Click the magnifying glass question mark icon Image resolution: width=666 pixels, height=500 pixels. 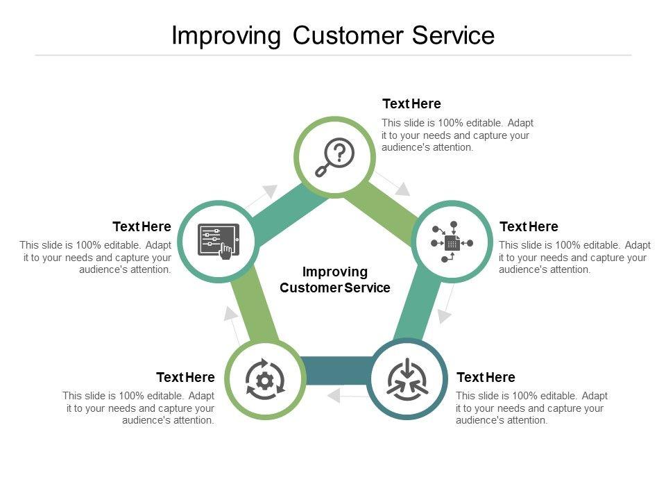click(x=334, y=157)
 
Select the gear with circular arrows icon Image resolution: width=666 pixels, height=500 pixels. click(x=264, y=380)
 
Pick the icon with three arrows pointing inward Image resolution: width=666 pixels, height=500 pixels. click(x=408, y=379)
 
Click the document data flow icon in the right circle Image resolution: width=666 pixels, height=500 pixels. click(x=452, y=242)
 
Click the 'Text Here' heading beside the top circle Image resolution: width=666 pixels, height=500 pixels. click(x=411, y=104)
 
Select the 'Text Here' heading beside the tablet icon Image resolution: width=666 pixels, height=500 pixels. click(x=142, y=226)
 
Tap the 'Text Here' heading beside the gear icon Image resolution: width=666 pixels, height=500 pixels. click(x=185, y=377)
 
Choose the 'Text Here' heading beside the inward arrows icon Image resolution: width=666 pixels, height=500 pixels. click(x=486, y=377)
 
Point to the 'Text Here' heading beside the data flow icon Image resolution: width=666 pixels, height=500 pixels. click(x=529, y=226)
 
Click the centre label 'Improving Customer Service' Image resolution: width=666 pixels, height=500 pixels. click(x=335, y=279)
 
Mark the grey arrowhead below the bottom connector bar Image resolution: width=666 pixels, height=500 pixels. click(x=333, y=396)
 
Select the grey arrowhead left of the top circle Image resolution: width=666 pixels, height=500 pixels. click(x=270, y=190)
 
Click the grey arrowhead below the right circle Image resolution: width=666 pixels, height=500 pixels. click(x=445, y=316)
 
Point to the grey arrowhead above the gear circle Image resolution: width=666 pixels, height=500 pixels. click(x=230, y=313)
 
